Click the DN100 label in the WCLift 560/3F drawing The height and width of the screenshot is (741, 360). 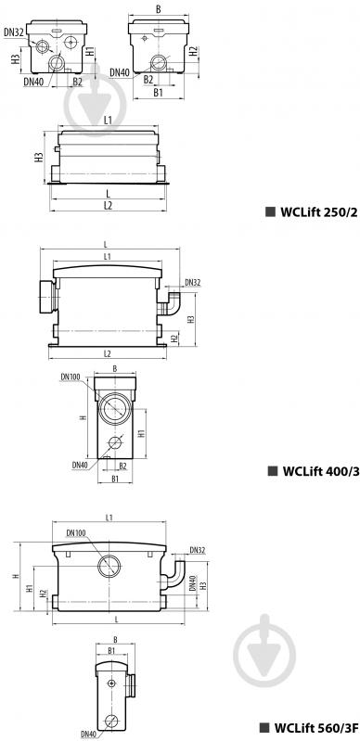[76, 532]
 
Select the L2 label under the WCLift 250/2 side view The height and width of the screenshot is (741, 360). [109, 204]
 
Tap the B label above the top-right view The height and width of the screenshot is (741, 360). [160, 8]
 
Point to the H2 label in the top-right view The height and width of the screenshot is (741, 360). [192, 52]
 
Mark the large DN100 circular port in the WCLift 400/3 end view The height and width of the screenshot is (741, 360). [117, 405]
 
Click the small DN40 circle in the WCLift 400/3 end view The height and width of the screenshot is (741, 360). [113, 442]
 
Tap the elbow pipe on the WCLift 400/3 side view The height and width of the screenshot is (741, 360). [173, 303]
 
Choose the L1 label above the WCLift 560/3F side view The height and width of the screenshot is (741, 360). [109, 517]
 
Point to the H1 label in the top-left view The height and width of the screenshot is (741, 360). [89, 53]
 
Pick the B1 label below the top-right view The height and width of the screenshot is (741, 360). [159, 93]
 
